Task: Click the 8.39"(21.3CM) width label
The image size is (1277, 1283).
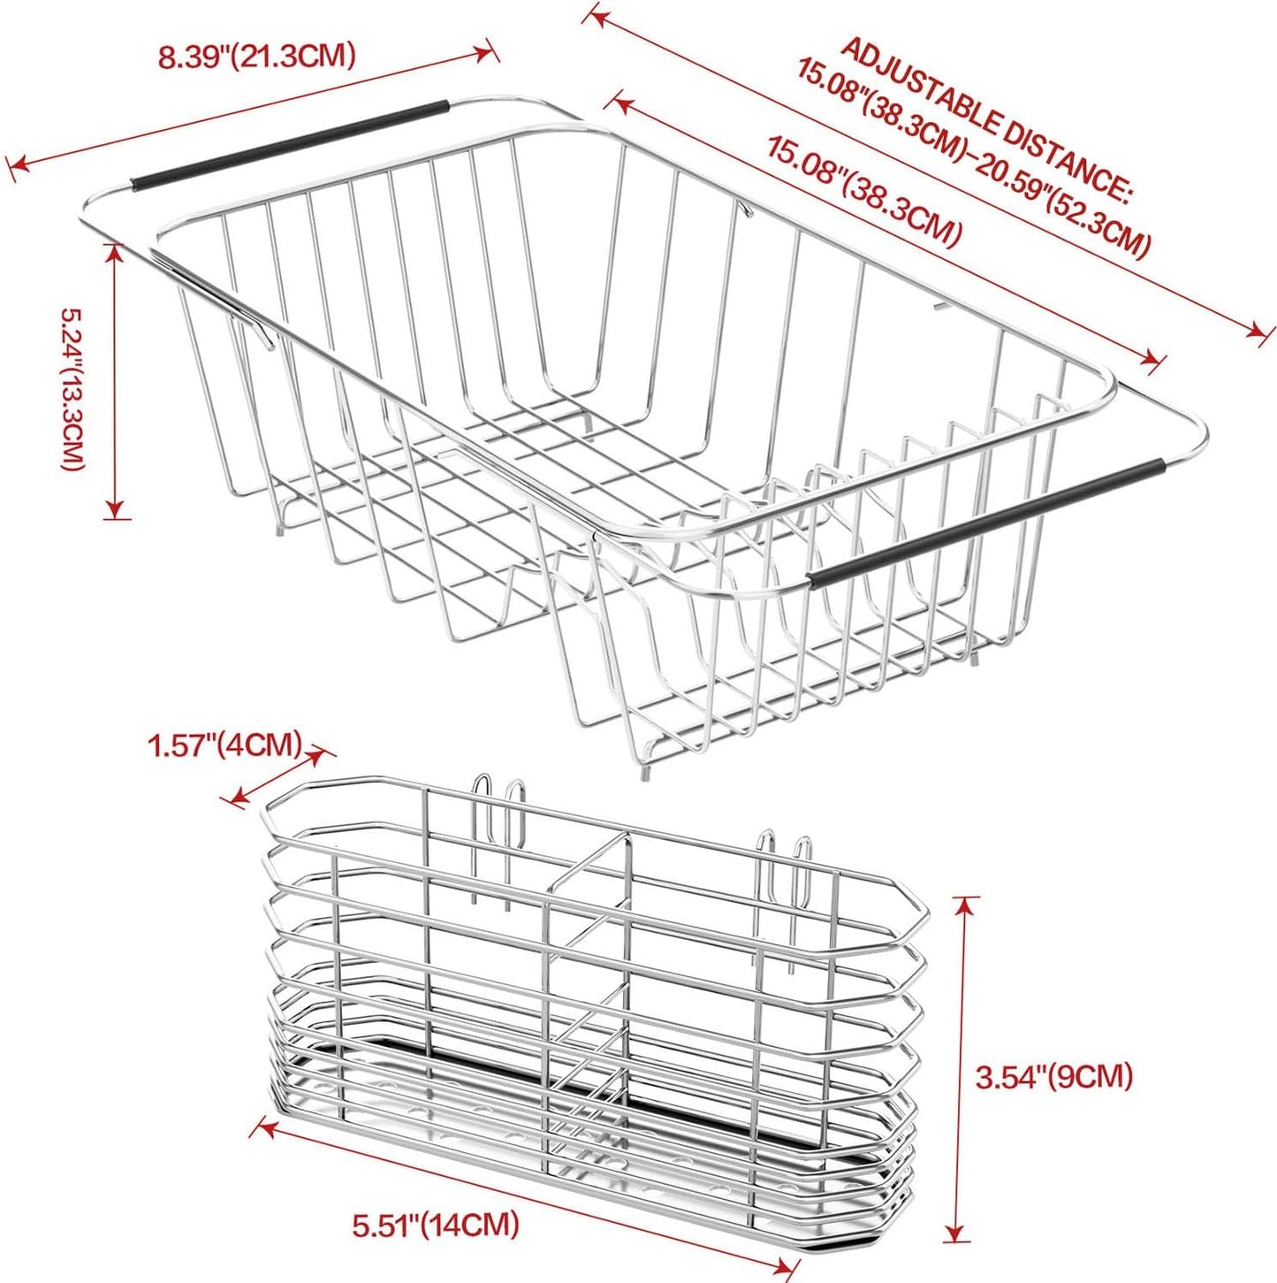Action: coord(256,57)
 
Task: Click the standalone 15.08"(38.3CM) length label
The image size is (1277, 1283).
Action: coord(863,191)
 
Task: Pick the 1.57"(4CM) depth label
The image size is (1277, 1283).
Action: coord(225,745)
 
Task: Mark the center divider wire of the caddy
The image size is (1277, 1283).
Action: coord(588,973)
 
